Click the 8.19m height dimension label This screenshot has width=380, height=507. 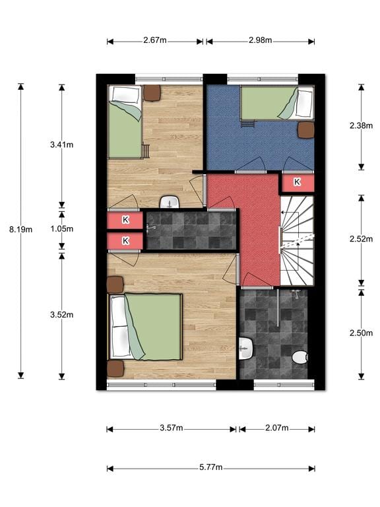pos(20,230)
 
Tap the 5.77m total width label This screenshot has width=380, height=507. pos(210,467)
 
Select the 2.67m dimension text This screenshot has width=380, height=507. pos(155,40)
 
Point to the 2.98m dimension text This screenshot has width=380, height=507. pos(261,40)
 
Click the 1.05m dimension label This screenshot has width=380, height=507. pos(62,229)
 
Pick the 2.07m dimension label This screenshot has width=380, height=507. pos(277,428)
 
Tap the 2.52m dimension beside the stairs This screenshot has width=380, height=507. pos(362,239)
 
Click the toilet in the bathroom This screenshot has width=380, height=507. pos(300,357)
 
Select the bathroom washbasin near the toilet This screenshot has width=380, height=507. pos(245,349)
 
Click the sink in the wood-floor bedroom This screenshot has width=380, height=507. pos(170,202)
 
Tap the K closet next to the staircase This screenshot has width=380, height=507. pos(298,183)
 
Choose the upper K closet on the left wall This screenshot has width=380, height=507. pos(125,220)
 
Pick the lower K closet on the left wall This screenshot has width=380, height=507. pos(125,241)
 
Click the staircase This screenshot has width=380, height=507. pos(297,240)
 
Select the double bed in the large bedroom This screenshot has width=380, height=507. pos(144,327)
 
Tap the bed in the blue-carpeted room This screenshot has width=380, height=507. pos(277,103)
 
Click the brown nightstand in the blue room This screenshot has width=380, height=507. pos(305,130)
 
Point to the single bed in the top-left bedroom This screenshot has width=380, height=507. pos(125,122)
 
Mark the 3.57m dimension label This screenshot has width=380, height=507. pos(172,428)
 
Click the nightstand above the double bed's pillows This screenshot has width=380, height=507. pos(115,285)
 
